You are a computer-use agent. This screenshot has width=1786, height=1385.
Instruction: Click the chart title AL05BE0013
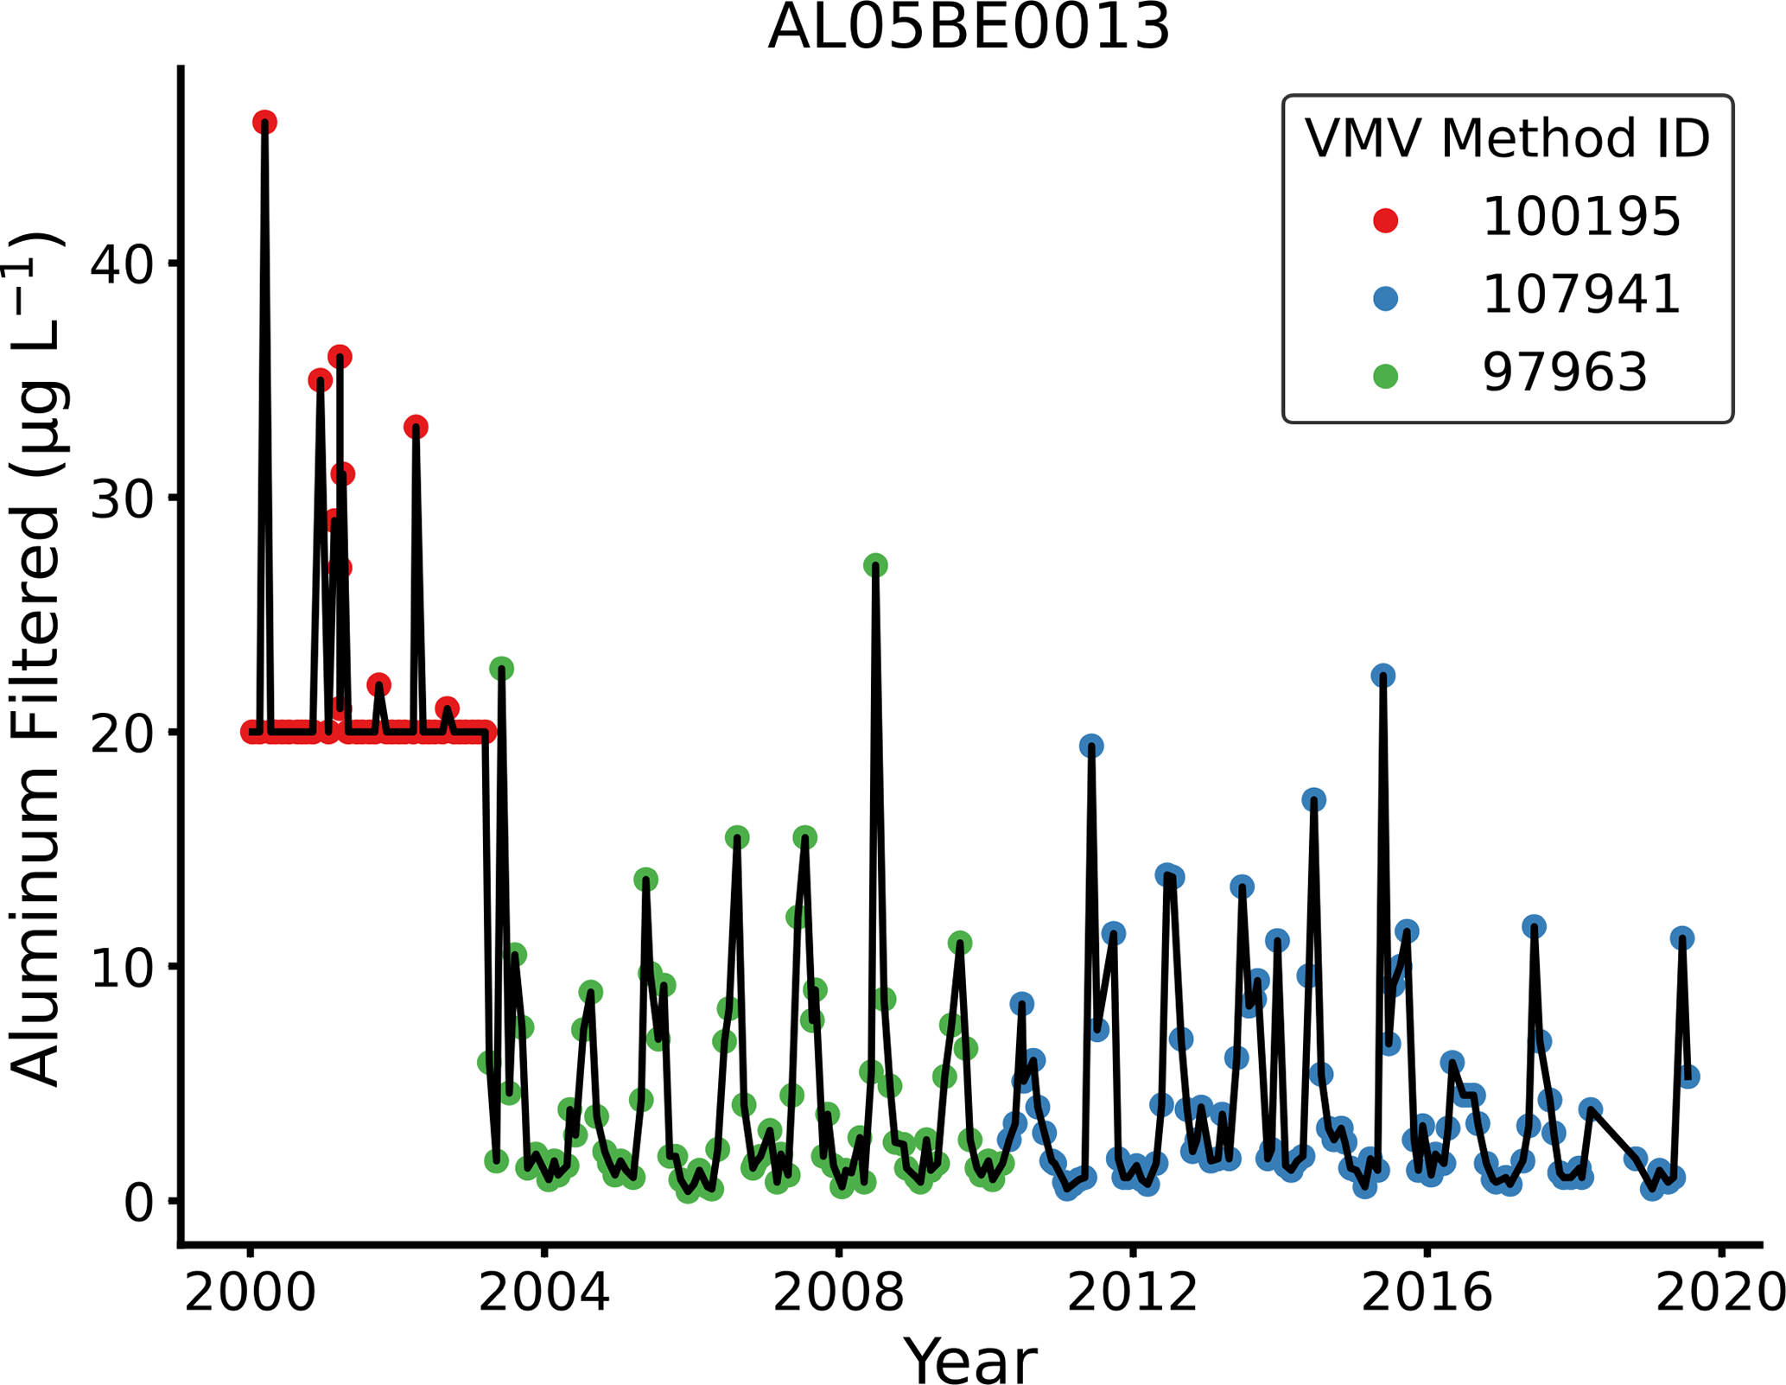[x=969, y=28]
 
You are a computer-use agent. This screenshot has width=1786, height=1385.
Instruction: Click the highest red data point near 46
[x=264, y=123]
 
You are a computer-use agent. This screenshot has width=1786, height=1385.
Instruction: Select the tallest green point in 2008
[x=875, y=566]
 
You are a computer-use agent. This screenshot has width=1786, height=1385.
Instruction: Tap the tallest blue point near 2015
[x=1383, y=676]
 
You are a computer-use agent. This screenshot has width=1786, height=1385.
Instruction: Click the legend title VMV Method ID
[x=1507, y=138]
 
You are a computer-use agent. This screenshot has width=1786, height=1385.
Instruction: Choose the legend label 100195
[x=1581, y=217]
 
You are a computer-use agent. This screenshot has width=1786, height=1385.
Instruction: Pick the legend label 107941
[x=1581, y=295]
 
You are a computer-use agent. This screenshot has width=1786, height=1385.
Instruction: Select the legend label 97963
[x=1565, y=372]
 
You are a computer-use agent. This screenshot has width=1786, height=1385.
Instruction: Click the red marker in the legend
[x=1385, y=220]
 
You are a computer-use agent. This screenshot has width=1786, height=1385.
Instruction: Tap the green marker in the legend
[x=1385, y=376]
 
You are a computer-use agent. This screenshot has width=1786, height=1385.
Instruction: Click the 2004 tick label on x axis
[x=543, y=1294]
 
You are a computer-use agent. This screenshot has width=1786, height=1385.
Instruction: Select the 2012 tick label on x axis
[x=1133, y=1294]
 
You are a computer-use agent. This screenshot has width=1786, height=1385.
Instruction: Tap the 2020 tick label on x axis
[x=1719, y=1294]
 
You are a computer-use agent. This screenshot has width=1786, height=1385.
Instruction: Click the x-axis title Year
[x=969, y=1360]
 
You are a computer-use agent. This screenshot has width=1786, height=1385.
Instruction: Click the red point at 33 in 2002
[x=416, y=427]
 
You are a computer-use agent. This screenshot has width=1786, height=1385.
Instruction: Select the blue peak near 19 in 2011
[x=1091, y=747]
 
